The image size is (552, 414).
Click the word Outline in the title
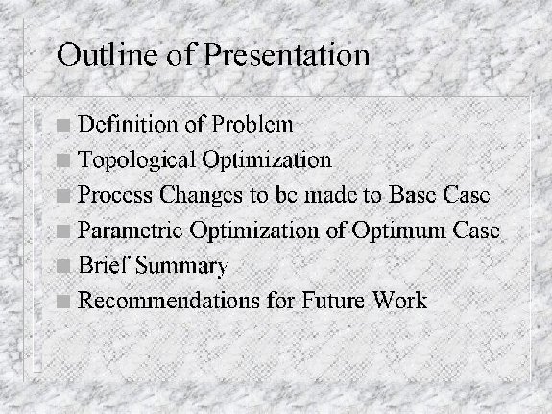108,55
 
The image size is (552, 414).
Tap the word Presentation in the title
287,55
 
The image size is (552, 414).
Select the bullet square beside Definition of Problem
63,125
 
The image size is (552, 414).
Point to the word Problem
252,124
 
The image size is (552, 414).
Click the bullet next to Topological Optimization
63,160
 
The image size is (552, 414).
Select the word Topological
136,160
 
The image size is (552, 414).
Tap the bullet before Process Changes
63,196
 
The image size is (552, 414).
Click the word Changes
201,196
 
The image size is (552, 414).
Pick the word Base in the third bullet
412,194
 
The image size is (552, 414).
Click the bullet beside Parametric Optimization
63,231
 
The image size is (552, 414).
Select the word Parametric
131,230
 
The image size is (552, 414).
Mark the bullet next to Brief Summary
63,266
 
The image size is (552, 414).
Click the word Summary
181,266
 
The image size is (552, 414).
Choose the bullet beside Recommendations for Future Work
63,302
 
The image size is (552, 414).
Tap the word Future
333,301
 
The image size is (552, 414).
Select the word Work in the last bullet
400,301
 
